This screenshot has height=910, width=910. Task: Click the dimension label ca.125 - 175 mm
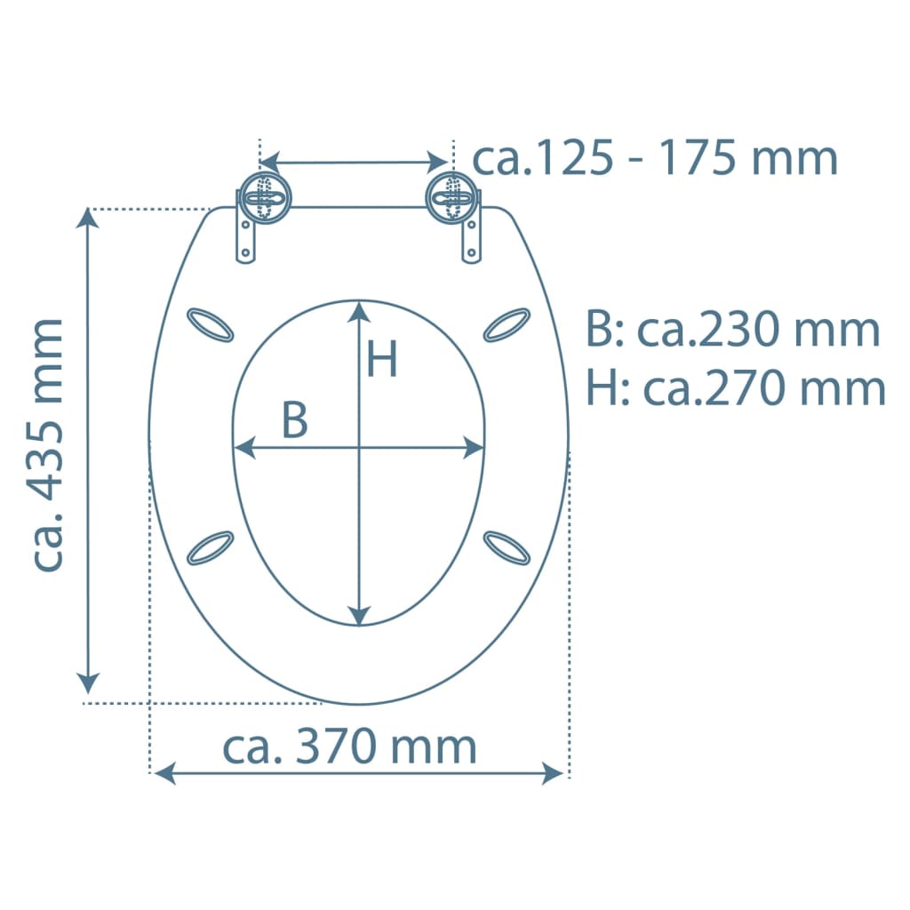(654, 158)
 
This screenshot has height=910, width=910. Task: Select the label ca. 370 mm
(349, 747)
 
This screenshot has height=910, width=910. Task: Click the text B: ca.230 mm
(732, 331)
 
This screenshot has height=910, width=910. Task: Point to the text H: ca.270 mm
(736, 388)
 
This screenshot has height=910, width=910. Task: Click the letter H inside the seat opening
(383, 360)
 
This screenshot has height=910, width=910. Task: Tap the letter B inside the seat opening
(295, 420)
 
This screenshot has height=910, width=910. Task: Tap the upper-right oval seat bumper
(507, 324)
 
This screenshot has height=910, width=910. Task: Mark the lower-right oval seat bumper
(507, 547)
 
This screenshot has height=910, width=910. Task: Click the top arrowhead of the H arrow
(359, 310)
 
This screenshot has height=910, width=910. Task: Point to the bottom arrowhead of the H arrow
(359, 615)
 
